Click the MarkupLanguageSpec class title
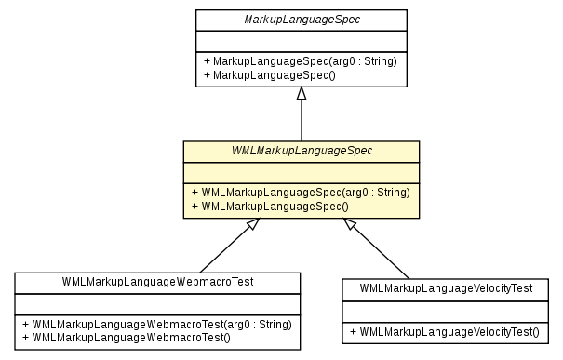[301, 19]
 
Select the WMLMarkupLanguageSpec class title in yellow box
[301, 151]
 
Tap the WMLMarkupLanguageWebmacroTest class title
[157, 281]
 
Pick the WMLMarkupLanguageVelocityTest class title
[446, 288]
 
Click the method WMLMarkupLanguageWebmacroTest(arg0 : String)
[155, 325]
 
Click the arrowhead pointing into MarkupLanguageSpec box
[301, 94]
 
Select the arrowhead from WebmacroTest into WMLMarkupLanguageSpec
[248, 227]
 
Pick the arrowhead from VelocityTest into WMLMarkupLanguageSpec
[351, 226]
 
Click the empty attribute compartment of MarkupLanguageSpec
[301, 41]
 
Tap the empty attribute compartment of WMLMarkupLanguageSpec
[301, 172]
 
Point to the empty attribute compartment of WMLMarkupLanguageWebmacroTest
[157, 303]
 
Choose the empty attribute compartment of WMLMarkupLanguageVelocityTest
[446, 311]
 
